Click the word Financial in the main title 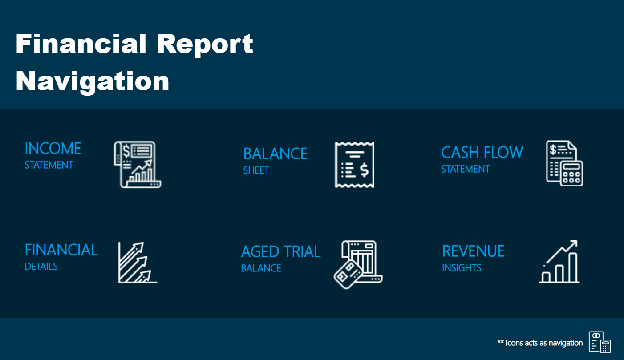click(81, 44)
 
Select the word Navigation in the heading click(92, 81)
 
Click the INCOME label click(53, 148)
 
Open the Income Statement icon click(137, 164)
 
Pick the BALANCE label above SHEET click(275, 154)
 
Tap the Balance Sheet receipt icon click(354, 165)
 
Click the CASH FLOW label click(482, 153)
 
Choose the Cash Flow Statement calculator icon click(564, 163)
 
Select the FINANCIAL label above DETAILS click(61, 250)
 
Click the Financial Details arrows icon click(138, 263)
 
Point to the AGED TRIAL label click(280, 252)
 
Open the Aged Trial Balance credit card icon click(358, 264)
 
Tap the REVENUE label click(473, 251)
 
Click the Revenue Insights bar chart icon click(559, 262)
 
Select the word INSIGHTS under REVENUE click(462, 268)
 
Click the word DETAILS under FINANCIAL click(41, 267)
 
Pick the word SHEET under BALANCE click(256, 170)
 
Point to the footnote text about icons click(539, 343)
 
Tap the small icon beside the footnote click(600, 342)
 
